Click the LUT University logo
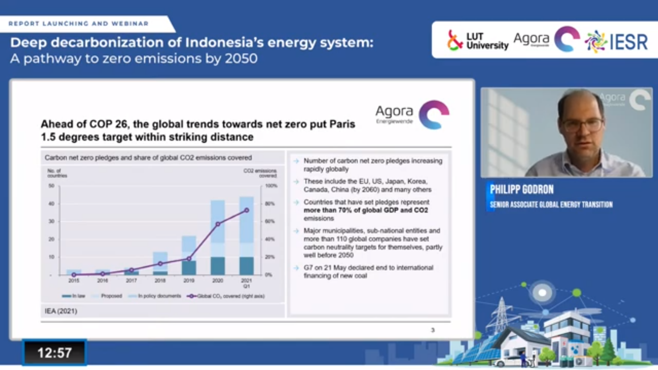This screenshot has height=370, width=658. (x=477, y=41)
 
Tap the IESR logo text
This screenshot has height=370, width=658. (x=628, y=42)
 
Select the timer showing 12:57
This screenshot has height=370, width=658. (x=54, y=353)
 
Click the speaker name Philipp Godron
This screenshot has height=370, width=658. (x=521, y=189)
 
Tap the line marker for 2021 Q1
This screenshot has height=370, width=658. (x=246, y=210)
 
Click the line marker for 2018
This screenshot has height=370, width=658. (x=160, y=264)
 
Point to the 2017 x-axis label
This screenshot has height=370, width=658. (x=131, y=280)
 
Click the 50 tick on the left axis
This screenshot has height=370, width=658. (x=51, y=186)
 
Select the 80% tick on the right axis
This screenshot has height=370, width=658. (x=269, y=204)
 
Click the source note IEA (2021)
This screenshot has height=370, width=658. (x=61, y=311)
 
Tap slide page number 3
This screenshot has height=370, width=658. (x=433, y=330)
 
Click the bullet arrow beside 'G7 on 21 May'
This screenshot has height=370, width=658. (x=296, y=268)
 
